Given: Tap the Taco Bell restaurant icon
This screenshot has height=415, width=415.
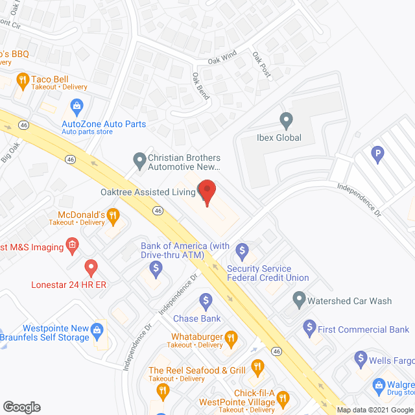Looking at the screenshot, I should click(23, 80).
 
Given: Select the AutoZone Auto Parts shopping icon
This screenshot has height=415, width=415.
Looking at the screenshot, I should click(77, 105).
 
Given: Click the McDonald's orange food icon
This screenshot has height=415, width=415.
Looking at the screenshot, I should click(113, 215).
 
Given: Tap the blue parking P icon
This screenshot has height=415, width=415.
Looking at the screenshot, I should click(375, 154).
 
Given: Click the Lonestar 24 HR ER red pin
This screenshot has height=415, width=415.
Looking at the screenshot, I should click(91, 267).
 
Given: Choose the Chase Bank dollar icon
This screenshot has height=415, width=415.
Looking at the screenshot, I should click(206, 300).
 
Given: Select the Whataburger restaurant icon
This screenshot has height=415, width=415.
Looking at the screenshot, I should click(229, 337).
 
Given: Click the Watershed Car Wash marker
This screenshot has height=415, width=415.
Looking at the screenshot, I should click(299, 300).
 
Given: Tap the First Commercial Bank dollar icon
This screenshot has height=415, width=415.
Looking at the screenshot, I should click(309, 329).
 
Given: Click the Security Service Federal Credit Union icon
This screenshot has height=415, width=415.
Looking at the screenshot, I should click(243, 250).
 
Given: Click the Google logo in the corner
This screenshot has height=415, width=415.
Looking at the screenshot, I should click(21, 407).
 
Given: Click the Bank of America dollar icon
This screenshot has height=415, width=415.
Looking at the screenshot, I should click(156, 268).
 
